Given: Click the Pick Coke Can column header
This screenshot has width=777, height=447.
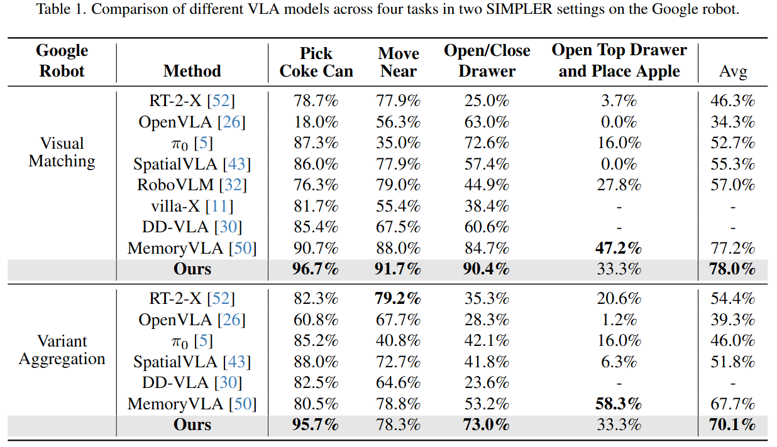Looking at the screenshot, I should pos(316,62).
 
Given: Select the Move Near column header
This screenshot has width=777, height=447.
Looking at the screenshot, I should pos(399,62).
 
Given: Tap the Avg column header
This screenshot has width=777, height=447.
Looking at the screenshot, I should pos(733,72).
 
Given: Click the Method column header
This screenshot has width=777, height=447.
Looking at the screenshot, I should pos(192,71).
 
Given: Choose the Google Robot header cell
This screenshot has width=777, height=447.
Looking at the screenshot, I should pos(62,61).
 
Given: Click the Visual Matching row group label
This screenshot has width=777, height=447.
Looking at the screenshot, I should pos(62,152).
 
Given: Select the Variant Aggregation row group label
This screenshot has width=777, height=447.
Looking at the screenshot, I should pos(62,350).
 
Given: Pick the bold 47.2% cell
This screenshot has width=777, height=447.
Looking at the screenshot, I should pos(619,248).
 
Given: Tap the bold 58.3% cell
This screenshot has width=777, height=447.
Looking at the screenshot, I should pos(619,404).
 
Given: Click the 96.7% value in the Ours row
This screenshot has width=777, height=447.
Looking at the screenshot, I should pos(316,269).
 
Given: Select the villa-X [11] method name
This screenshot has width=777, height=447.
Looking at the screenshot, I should pos(192,206).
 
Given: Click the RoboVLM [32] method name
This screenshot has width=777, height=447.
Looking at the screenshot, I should pos(192,185).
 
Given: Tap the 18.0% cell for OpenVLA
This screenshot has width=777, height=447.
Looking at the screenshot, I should pos(316,122).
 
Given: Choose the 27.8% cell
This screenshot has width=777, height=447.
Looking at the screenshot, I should pos(619,185).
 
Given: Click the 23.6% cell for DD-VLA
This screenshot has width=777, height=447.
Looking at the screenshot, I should pos(487,382).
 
